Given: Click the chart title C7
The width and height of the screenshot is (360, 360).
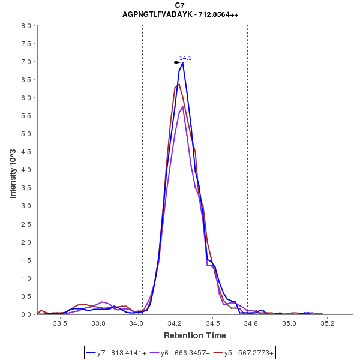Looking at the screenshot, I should coord(180,5).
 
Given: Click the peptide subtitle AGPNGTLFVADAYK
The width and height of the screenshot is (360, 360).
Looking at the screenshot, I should coord(180,14).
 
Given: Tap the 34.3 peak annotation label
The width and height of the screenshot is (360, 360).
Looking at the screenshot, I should coord(185,58).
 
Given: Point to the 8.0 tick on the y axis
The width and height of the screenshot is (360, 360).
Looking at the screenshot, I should coord(26,26).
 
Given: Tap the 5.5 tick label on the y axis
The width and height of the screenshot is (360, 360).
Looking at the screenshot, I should coord(26,116).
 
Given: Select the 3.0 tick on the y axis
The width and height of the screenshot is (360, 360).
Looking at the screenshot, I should coord(26,206).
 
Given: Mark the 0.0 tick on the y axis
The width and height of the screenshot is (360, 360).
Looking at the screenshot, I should coord(26,314).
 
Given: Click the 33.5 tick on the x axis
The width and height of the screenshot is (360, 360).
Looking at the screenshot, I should coord(60,323).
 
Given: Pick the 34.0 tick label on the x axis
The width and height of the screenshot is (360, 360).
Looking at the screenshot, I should coord(137,323).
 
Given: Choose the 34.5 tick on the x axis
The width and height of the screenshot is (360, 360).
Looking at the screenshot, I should coord(213,323).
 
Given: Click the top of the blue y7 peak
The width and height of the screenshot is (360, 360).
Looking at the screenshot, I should coord(182,62).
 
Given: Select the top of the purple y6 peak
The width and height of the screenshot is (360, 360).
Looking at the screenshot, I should coord(182,106).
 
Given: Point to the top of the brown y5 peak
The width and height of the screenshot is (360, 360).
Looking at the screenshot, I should coord(179,84).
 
